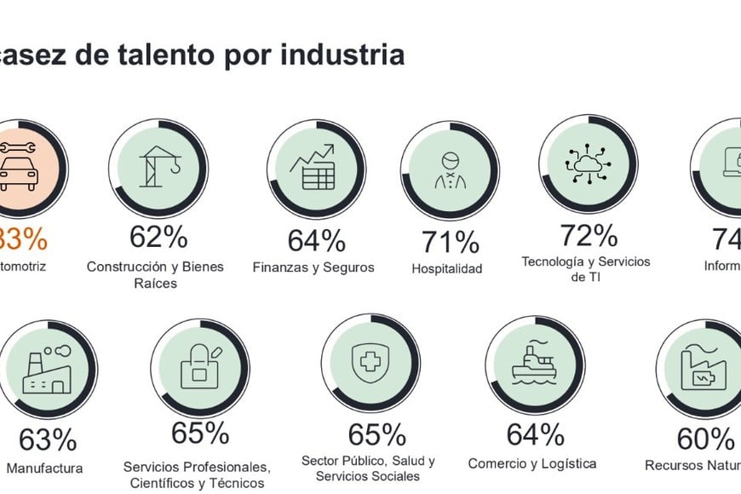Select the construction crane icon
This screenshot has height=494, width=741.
pos(158,167)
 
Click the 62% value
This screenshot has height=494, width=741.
pos(158,237)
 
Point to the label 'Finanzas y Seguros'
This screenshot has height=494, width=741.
pos(313,267)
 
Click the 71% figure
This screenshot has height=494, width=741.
pos(450,243)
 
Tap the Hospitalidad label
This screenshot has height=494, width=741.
pos(447,269)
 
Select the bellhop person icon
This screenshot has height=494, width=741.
pos(450,170)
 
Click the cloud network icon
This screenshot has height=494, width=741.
pos(588,163)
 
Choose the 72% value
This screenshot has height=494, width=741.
pos(588,234)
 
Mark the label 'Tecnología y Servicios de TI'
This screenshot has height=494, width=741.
pos(586,269)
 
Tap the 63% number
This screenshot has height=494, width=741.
pos(48,440)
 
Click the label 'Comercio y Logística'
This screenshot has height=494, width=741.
pos(532,464)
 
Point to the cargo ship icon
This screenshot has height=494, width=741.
pos(534,365)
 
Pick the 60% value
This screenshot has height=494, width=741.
pos(705,439)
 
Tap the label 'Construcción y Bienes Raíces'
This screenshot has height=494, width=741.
pos(155,274)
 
